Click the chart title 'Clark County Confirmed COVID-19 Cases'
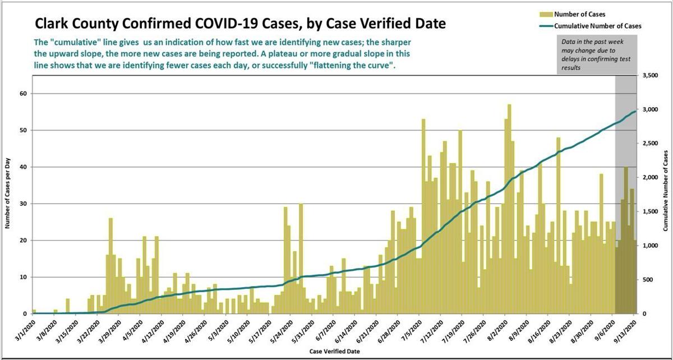pos(241,24)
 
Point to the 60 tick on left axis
pos(24,94)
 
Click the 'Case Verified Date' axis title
pos(335,352)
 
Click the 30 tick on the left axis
pos(24,204)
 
